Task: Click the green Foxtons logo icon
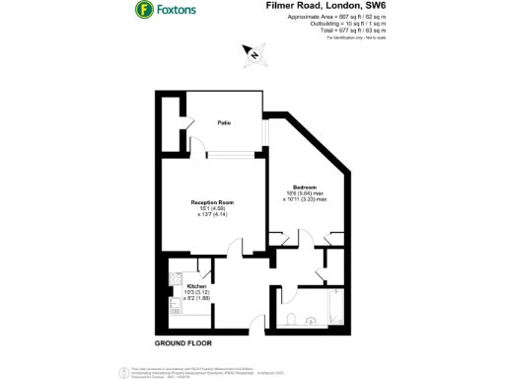[x=143, y=11]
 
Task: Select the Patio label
[x=225, y=123]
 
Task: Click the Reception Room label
[x=212, y=202]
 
